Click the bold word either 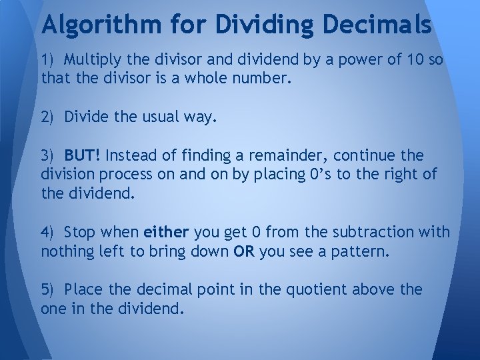[x=167, y=233]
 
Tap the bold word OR [x=243, y=253]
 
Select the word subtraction [x=373, y=233]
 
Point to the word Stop [x=82, y=233]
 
